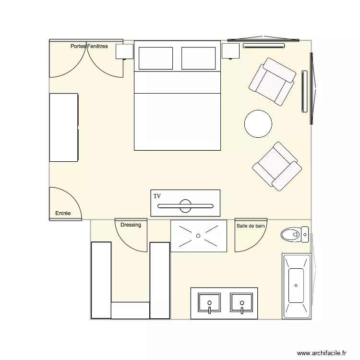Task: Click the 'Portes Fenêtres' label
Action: coord(89,47)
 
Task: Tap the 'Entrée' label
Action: coord(63,213)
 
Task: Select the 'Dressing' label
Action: coord(131,225)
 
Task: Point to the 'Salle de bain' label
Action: coord(250,225)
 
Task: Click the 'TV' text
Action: coord(157,196)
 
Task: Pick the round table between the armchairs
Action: coord(258,124)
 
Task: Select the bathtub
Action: coord(296,286)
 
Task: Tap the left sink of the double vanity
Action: coord(209,303)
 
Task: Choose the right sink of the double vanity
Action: coord(242,303)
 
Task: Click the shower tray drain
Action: coord(198,236)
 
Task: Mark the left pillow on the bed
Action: coord(156,58)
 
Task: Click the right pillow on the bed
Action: coord(199,58)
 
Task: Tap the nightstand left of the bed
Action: coord(124,51)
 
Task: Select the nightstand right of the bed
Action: coord(230,51)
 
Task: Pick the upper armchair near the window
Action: coord(272,81)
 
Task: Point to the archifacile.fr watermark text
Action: coord(322,353)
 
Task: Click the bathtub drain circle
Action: coord(296,286)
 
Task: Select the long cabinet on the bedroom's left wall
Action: coord(63,127)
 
